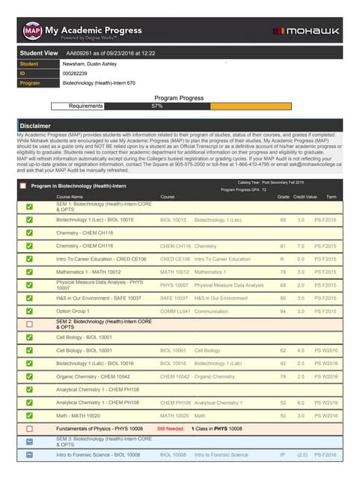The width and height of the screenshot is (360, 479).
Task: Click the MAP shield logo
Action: [31, 31]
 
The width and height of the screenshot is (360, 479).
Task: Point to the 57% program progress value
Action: [157, 106]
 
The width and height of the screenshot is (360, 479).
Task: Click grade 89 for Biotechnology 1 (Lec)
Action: [283, 221]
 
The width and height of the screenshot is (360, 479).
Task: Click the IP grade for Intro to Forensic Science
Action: [283, 454]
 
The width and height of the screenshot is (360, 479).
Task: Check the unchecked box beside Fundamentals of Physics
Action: [29, 429]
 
